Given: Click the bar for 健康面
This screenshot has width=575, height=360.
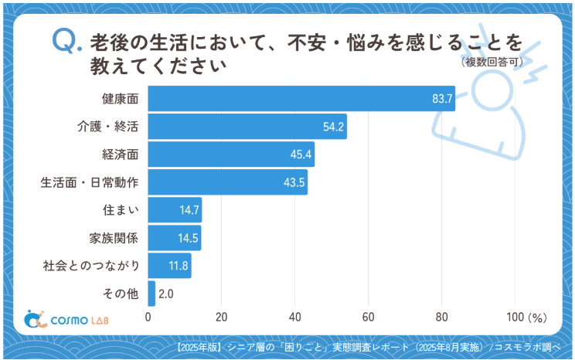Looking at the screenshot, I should tap(301, 99).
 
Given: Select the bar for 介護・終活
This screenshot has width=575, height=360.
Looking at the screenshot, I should tap(247, 127).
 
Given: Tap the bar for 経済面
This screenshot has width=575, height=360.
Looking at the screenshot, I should tap(231, 155).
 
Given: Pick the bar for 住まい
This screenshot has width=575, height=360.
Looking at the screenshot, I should tap(175, 210).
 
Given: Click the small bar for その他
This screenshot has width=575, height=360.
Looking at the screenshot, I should tap(151, 294).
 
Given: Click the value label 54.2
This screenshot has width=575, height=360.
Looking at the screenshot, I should tap(334, 127).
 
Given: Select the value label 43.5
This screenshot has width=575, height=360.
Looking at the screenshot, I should tap(294, 182).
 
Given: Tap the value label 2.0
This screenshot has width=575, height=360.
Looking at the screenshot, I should tap(165, 294).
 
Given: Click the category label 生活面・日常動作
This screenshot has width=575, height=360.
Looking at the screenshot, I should tap(90, 182).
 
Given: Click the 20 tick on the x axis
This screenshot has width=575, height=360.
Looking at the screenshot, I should tap(222, 317).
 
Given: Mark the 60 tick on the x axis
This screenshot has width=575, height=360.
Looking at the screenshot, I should tap(368, 317).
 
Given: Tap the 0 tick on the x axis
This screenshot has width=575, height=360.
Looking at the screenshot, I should tap(148, 317).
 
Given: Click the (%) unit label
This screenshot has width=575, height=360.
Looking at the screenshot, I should tap(538, 317).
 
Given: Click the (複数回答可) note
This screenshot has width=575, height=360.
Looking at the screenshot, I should tap(492, 62).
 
